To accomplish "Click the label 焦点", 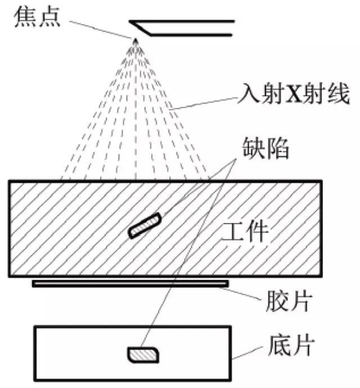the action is click(37, 17).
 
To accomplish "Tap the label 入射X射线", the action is click(294, 94).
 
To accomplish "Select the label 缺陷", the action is click(265, 148).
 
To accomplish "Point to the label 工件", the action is click(245, 231).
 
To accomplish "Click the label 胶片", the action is click(289, 301).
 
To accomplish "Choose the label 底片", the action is click(291, 345).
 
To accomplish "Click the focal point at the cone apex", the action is click(135, 40).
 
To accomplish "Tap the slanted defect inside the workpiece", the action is click(145, 225).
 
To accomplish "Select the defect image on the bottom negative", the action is click(143, 355).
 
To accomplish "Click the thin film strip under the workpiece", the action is click(130, 284).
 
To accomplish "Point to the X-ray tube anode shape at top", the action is click(182, 28).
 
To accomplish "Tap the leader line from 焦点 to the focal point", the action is click(100, 30).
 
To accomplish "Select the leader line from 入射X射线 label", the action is click(203, 104).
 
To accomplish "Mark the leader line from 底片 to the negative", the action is click(247, 353).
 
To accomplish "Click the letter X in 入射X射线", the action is click(294, 94).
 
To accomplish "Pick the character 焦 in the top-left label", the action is click(25, 17).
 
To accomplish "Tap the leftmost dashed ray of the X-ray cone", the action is click(98, 110).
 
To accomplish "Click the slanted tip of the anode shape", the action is click(129, 21).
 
